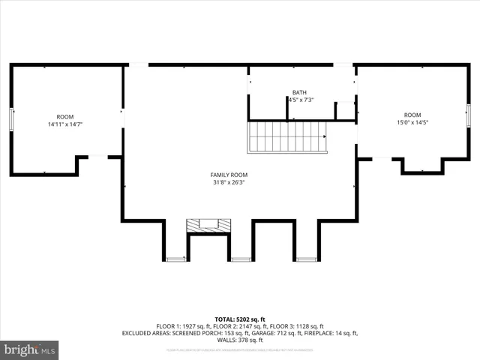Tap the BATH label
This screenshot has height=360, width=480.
click(299, 93)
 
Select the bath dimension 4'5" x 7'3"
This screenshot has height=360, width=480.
click(300, 100)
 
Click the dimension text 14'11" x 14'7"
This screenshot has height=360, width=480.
click(65, 124)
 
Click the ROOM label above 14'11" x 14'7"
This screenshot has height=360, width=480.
click(65, 117)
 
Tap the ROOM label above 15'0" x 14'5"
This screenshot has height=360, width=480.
click(412, 115)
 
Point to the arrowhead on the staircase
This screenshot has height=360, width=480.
click(325, 137)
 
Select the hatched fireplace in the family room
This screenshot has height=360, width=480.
click(208, 224)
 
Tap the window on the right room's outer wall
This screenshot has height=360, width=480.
click(468, 116)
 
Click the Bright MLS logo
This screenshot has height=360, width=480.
click(30, 349)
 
